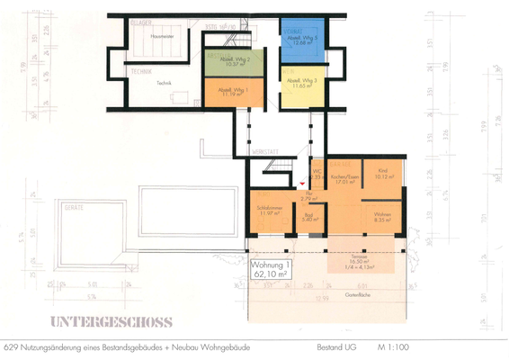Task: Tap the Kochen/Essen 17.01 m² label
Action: click(344, 178)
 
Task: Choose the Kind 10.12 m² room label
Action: click(382, 175)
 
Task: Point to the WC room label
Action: click(317, 175)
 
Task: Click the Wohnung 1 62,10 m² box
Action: click(272, 269)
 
